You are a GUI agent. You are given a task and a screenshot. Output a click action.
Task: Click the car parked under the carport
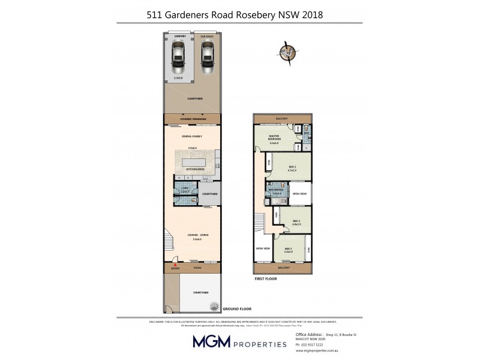tap(178, 58)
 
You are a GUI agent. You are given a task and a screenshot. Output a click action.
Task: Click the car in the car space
tap(207, 58)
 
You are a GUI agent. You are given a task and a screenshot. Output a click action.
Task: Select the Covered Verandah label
tap(193, 119)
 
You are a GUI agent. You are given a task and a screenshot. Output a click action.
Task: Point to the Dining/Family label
tap(193, 136)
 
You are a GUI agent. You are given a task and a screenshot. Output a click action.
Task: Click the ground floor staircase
tap(169, 243)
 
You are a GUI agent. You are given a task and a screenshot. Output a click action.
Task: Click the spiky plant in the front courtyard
tap(212, 307)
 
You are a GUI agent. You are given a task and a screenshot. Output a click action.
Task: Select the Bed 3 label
tap(289, 248)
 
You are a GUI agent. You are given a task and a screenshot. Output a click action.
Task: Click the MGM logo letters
tap(211, 342)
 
